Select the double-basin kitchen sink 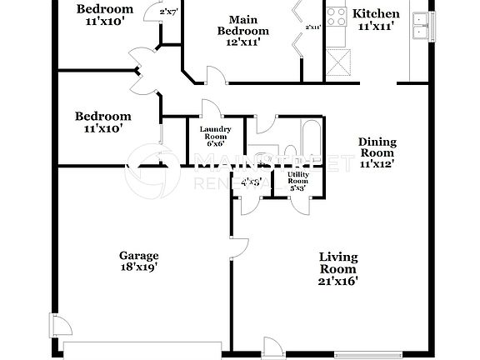pos(422,25)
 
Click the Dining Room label pos(377,147)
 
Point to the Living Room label pos(338,262)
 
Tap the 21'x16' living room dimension pos(338,282)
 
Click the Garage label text pos(138,255)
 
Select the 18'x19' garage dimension pos(138,267)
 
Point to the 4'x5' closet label pos(251,181)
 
